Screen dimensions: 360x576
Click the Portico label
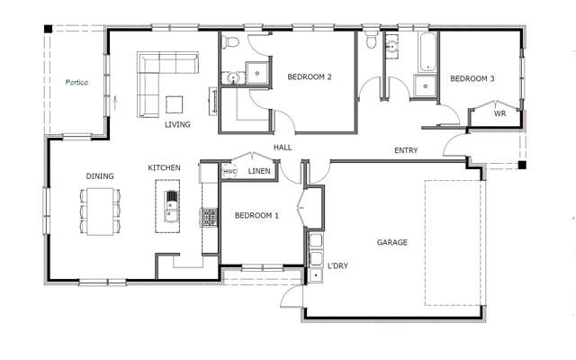[76, 82]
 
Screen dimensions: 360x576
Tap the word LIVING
[177, 124]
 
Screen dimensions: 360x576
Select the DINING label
[99, 176]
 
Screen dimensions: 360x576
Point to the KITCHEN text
[165, 168]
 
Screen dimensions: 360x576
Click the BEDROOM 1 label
[256, 216]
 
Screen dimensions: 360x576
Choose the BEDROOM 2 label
[310, 77]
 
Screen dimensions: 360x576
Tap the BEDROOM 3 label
[472, 79]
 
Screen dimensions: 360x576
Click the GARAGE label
[392, 242]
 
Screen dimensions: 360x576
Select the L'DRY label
[337, 265]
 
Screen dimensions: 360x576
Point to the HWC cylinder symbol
[229, 171]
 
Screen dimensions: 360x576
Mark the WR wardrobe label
[499, 114]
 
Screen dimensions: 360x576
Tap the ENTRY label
[405, 150]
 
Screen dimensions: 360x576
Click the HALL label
[283, 147]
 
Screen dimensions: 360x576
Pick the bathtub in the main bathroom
[425, 52]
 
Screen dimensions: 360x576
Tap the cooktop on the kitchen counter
[210, 217]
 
